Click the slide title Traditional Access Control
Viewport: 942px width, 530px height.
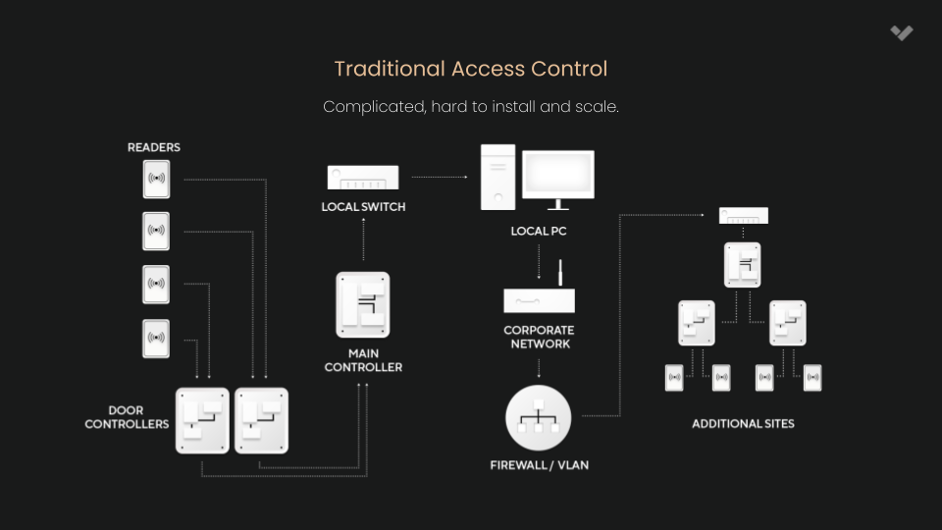(470, 69)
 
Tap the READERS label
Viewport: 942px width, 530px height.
(154, 147)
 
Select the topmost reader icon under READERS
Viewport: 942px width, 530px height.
(156, 179)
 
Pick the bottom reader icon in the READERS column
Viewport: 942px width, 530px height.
(156, 339)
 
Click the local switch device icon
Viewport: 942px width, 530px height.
(363, 178)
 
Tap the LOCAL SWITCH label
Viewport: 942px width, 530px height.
(363, 207)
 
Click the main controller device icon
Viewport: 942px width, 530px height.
(363, 304)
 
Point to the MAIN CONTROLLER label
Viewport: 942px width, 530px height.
(363, 360)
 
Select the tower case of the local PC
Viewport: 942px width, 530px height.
(497, 177)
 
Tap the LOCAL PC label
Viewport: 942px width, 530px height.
(539, 232)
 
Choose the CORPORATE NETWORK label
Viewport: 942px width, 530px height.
(539, 337)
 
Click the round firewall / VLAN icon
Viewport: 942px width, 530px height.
(538, 418)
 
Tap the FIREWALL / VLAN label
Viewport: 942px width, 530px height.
(539, 464)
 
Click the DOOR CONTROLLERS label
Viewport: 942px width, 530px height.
(127, 417)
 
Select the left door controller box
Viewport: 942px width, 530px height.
(202, 419)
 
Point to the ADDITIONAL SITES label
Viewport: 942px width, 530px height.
(743, 424)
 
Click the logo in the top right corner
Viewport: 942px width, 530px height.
(902, 33)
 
